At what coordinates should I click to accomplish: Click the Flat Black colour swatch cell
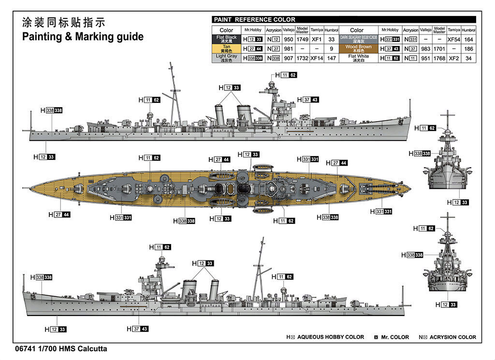pos(226,39)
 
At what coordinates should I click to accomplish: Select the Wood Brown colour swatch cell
pos(358,48)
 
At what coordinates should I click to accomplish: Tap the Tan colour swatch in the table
pos(226,48)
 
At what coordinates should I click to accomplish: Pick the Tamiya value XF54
pos(454,39)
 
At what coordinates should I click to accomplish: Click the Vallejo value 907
pos(289,58)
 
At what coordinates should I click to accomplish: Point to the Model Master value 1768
pos(439,58)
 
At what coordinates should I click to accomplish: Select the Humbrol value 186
pos(468,48)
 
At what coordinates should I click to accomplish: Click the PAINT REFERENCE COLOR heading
pos(254,20)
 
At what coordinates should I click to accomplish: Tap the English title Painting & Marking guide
pos(83,37)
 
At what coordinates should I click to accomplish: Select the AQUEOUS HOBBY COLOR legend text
pos(331,337)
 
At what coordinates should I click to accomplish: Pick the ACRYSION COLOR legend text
pos(453,337)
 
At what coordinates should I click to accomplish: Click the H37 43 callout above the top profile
pos(308,100)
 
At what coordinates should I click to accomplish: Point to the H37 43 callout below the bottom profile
pos(139,329)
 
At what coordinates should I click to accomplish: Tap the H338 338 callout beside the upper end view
pos(419,153)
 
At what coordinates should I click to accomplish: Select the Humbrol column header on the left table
pos(332,30)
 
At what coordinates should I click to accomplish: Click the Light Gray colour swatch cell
pos(226,58)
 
